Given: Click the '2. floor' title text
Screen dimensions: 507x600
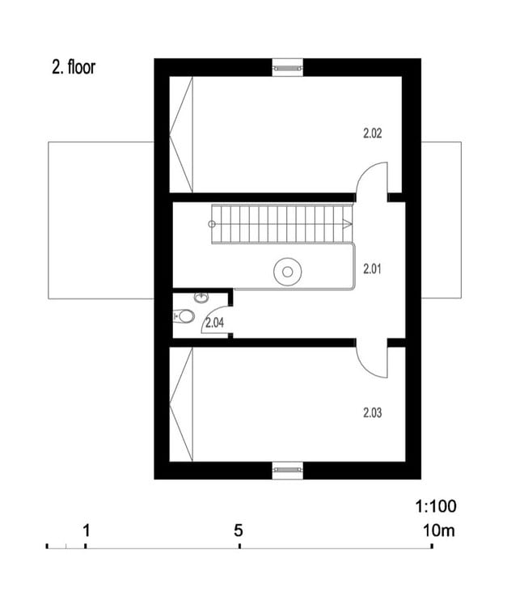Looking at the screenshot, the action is [73, 67].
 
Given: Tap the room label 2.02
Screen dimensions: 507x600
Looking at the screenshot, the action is [372, 133].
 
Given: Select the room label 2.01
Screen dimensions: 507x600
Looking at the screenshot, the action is [372, 269].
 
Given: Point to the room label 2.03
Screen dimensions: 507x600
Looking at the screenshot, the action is [372, 413].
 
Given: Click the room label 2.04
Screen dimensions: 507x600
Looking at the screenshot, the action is [214, 323].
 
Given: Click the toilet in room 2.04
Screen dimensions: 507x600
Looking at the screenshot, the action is [184, 316].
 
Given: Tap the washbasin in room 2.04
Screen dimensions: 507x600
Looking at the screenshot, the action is [201, 298].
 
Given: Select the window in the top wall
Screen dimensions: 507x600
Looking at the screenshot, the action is [287, 68].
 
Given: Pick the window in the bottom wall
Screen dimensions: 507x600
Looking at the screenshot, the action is [287, 470].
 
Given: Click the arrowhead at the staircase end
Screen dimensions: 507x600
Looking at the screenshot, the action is [348, 224].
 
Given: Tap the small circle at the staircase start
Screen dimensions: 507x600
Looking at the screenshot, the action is [212, 224].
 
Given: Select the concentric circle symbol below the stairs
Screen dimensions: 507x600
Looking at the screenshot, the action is [287, 272].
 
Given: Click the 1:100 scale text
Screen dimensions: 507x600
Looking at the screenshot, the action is [436, 507].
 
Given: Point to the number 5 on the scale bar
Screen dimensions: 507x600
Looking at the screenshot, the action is [239, 530].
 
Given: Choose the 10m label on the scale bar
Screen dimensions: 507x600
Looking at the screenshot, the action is [438, 530].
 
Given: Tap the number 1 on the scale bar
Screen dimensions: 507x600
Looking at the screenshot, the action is [87, 530].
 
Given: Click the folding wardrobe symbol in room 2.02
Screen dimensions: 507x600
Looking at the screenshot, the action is [181, 134].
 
